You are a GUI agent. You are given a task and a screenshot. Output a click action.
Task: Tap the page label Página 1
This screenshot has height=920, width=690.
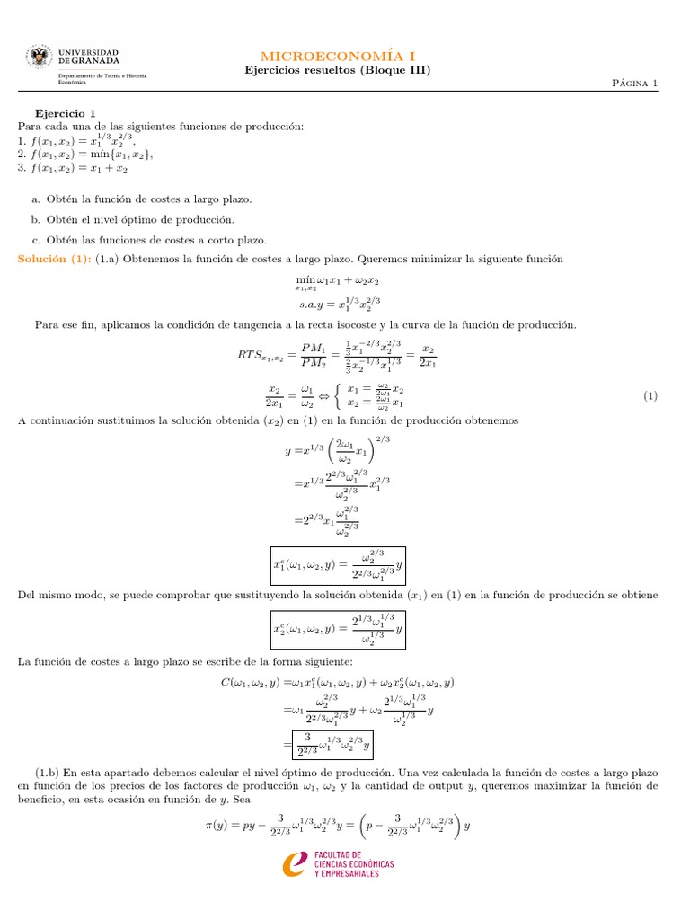[634, 84]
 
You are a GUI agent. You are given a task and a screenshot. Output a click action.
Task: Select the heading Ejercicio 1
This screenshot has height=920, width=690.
[65, 113]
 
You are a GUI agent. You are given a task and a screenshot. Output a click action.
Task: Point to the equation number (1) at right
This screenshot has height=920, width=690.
[651, 395]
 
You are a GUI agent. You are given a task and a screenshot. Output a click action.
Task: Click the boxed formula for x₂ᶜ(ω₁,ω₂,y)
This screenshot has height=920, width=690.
[338, 628]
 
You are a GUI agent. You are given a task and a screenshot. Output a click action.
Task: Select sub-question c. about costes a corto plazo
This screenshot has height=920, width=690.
[148, 240]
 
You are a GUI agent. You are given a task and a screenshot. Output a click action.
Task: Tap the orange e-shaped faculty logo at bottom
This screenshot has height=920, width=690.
[296, 863]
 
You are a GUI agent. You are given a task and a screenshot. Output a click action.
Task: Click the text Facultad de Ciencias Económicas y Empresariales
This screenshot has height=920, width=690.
[353, 863]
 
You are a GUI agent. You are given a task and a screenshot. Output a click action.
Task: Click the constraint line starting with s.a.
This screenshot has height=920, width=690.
[343, 305]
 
